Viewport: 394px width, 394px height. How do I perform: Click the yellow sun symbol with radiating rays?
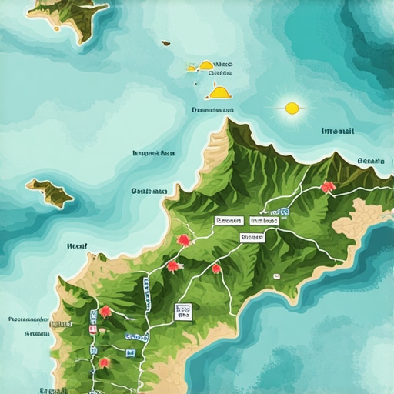pos(292,108)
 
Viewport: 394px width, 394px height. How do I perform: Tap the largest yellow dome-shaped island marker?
pos(219,92)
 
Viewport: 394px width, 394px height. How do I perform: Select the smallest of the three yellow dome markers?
pos(191,68)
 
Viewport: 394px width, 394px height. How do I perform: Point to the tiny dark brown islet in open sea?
pos(165,43)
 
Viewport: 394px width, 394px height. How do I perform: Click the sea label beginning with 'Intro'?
pos(338,131)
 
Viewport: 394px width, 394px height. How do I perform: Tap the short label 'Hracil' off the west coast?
pos(78,247)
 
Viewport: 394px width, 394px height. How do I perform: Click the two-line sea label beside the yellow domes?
pos(223,66)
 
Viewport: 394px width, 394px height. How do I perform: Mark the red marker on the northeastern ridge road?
pos(329,186)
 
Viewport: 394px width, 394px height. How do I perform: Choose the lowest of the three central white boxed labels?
pos(252,238)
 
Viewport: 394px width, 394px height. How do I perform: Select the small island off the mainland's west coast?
pos(50,192)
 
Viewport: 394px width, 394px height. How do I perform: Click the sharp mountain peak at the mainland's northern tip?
pos(230,123)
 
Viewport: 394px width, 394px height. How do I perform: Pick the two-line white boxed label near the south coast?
pos(182,311)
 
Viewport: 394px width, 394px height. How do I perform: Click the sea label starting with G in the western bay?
pos(149,190)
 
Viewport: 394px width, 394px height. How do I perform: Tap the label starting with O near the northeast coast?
pos(370,162)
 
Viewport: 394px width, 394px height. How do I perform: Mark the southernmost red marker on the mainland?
pos(104,362)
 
